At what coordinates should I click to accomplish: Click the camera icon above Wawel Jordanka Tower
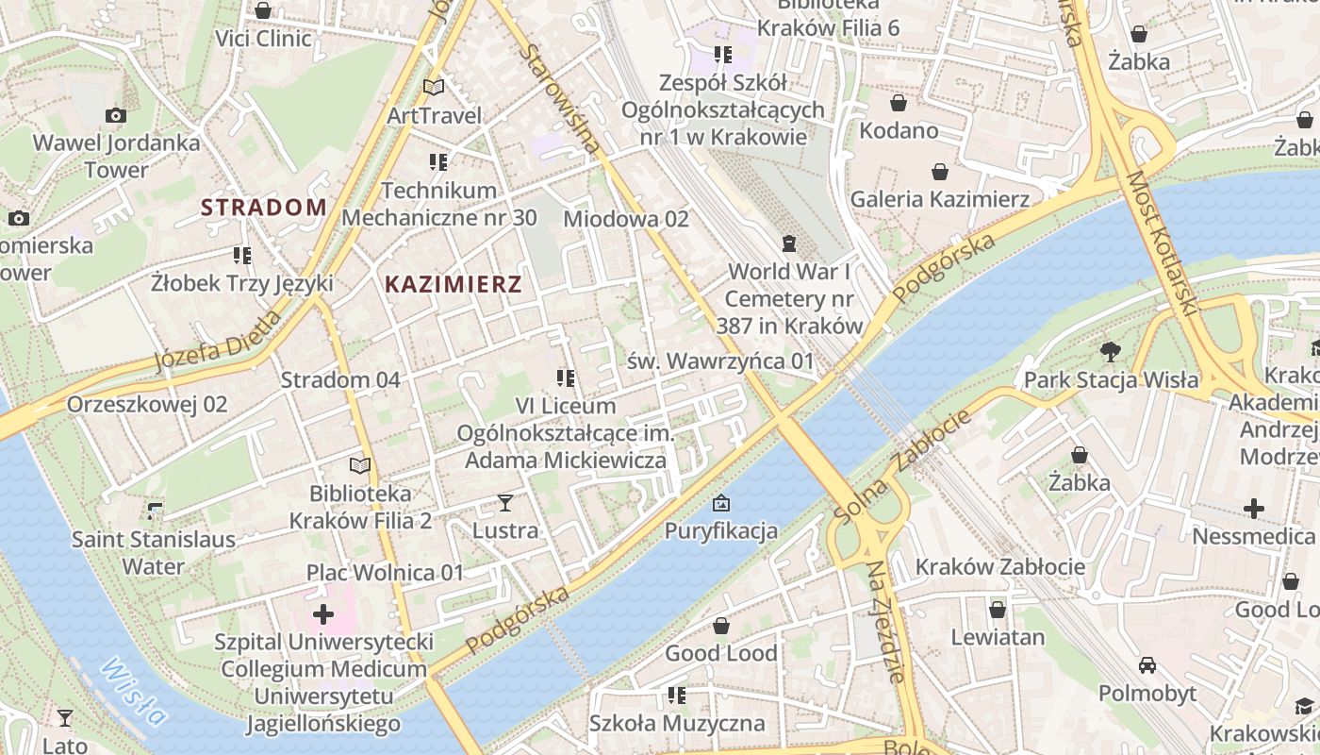click(116, 115)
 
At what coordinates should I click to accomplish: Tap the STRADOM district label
click(264, 208)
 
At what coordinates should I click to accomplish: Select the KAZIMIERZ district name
click(454, 284)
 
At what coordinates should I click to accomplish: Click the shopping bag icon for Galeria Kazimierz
click(939, 172)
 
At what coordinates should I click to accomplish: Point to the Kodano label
click(899, 130)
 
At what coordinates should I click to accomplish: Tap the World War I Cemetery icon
click(789, 243)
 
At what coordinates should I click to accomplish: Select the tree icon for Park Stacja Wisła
click(1111, 352)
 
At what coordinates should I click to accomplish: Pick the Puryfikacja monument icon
click(721, 502)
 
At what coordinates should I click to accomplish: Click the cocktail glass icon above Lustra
click(505, 502)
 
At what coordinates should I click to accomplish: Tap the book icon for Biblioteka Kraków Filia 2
click(360, 465)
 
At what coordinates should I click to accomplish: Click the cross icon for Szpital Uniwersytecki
click(323, 615)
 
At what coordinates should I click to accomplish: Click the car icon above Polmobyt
click(1147, 665)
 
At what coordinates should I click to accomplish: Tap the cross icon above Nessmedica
click(1253, 510)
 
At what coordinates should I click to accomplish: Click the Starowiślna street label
click(558, 99)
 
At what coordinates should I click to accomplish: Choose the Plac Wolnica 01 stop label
click(386, 573)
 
